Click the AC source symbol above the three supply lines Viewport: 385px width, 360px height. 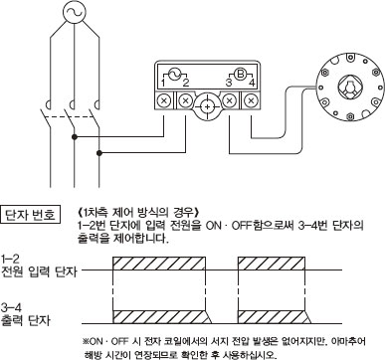pos(73,12)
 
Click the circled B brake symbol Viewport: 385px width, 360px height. pos(240,74)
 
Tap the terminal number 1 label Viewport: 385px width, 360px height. pos(163,83)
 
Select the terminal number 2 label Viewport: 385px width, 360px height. pos(186,83)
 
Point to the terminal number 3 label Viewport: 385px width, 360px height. pos(229,83)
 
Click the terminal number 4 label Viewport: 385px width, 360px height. pos(252,83)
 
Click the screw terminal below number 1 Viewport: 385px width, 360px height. pos(163,100)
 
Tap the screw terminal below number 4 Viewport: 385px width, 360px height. pos(252,100)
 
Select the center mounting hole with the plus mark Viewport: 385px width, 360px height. pos(207,107)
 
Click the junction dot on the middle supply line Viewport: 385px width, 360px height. pos(75,136)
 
